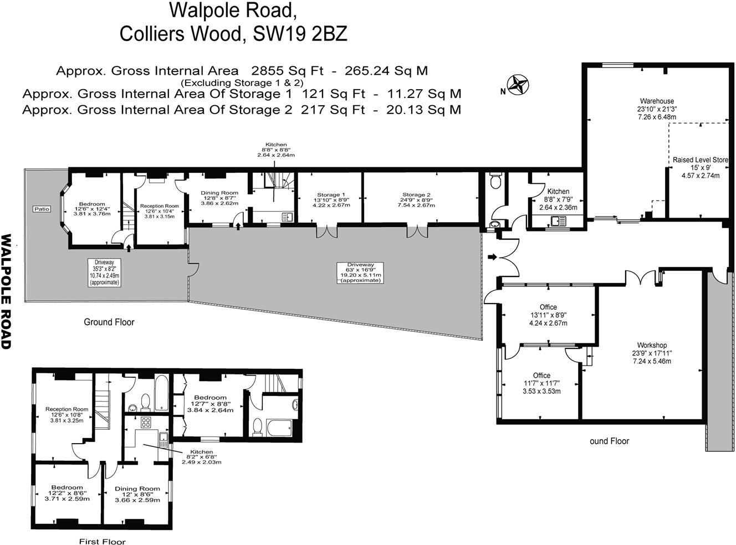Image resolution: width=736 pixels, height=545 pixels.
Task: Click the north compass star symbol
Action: click(519, 85)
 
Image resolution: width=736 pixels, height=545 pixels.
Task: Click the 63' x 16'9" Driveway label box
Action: click(361, 272)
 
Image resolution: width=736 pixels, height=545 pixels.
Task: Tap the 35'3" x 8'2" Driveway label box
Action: click(104, 271)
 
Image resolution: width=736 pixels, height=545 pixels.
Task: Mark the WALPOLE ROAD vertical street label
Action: click(7, 291)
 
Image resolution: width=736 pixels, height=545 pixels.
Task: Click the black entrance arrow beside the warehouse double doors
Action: click(492, 257)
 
